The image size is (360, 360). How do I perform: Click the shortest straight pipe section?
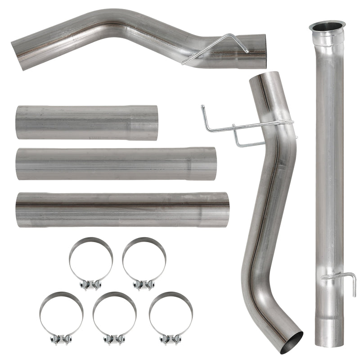85,123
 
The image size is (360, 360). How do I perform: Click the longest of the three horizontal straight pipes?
121,210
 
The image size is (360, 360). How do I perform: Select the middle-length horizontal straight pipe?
115,164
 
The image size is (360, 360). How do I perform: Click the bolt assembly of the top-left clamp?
90,285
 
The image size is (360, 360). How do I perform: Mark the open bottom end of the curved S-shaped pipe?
291,343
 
